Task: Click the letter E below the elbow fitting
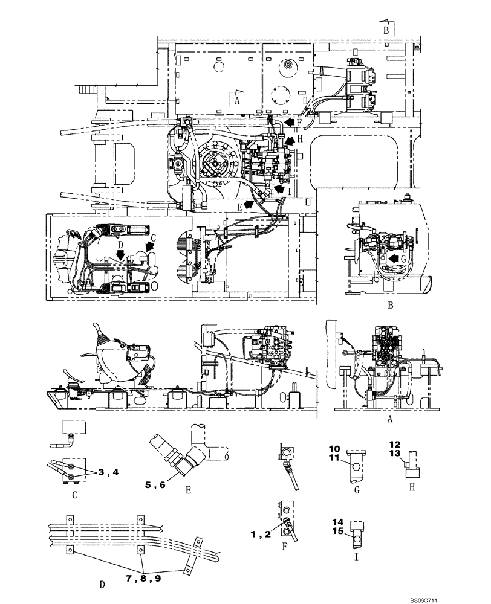click(x=188, y=491)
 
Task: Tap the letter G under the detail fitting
click(x=356, y=491)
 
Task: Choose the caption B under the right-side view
click(x=391, y=306)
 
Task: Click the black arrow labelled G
click(x=394, y=258)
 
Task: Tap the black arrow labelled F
click(x=291, y=122)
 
